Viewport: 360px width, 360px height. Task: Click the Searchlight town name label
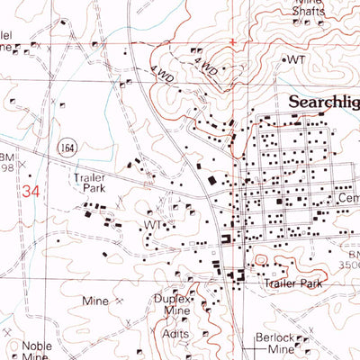(x=323, y=103)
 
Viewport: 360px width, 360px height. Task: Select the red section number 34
(x=31, y=191)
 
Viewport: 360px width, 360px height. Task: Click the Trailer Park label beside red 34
(x=91, y=184)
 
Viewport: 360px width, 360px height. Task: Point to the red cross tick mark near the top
(x=233, y=41)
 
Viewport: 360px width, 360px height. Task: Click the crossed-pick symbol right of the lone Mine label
(x=118, y=302)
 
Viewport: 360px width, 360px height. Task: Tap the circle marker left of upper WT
(x=284, y=59)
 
